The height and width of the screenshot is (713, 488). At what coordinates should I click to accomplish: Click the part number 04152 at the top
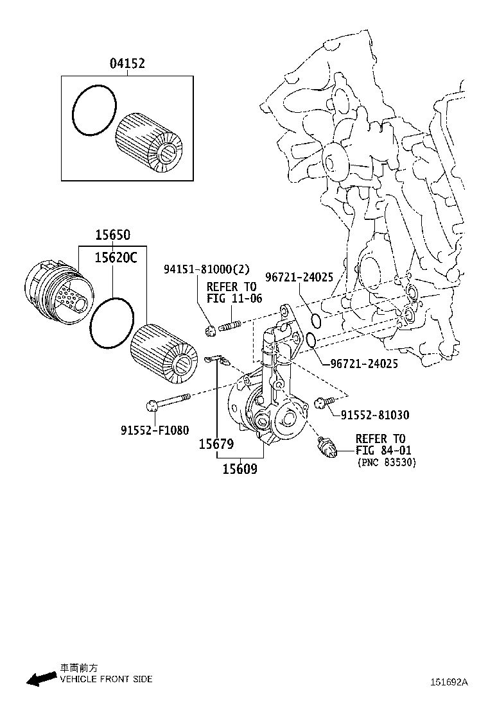click(126, 63)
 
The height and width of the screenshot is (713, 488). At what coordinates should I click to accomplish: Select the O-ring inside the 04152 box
click(94, 112)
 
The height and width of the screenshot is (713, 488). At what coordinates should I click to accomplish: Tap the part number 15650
click(112, 236)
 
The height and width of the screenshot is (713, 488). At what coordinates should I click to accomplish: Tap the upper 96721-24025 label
click(299, 278)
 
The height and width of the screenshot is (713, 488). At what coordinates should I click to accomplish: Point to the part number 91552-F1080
click(155, 430)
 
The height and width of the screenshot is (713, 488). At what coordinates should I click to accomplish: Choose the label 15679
click(216, 444)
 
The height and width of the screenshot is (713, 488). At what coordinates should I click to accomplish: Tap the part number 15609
click(240, 469)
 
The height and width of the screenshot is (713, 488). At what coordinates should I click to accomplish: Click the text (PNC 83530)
click(386, 462)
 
